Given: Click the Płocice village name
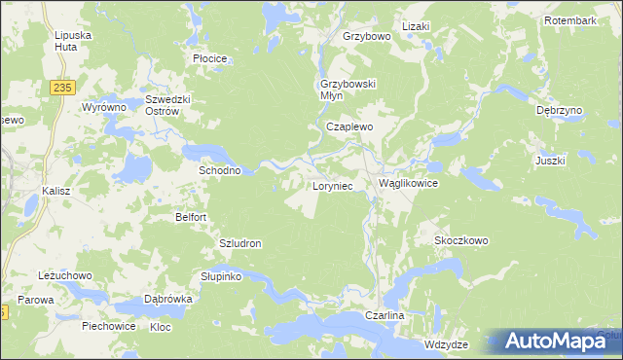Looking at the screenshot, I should pos(209,58).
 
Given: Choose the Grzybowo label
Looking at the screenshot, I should pos(366,36).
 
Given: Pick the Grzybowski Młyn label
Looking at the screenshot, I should pos(348,89).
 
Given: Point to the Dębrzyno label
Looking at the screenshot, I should pos(559,111).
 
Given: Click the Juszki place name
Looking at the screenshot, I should pos(550,160).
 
